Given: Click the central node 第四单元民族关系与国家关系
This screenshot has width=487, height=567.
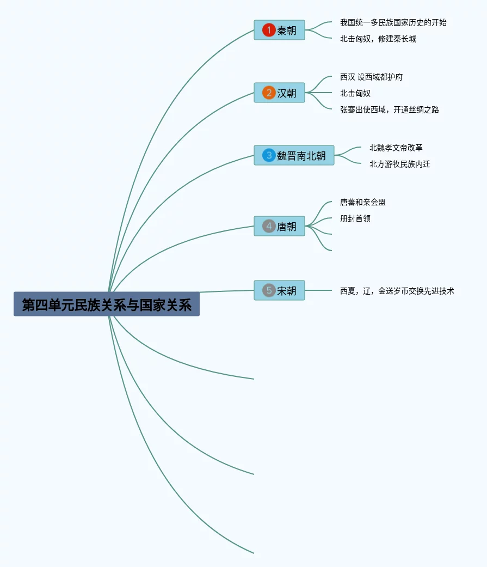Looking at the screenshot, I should pyautogui.click(x=107, y=304).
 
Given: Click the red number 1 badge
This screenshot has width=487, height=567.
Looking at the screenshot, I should pyautogui.click(x=269, y=30).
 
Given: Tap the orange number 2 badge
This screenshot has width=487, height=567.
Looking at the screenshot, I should pyautogui.click(x=269, y=93).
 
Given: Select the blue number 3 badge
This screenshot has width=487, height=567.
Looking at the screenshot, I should pyautogui.click(x=269, y=155).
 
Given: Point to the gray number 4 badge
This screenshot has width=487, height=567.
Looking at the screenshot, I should pyautogui.click(x=269, y=226).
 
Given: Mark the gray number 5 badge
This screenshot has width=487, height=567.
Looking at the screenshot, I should pyautogui.click(x=269, y=290).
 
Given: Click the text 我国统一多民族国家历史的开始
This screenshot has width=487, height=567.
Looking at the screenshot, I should pyautogui.click(x=393, y=22).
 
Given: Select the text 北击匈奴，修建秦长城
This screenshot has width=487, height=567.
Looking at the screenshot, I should pyautogui.click(x=378, y=39).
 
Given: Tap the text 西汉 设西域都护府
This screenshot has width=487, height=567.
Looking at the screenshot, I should pyautogui.click(x=372, y=77).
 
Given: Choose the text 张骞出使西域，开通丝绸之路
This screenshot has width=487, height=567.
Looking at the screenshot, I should pyautogui.click(x=390, y=109).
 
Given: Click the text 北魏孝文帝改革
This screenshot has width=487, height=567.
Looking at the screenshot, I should pyautogui.click(x=396, y=148).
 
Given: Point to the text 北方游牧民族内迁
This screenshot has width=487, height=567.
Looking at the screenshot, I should pyautogui.click(x=400, y=164).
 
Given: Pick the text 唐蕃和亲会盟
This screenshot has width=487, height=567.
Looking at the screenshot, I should pyautogui.click(x=363, y=202).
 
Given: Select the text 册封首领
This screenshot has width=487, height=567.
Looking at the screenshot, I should pyautogui.click(x=355, y=218).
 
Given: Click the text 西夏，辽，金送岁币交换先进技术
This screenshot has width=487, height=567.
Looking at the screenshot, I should pyautogui.click(x=397, y=291).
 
